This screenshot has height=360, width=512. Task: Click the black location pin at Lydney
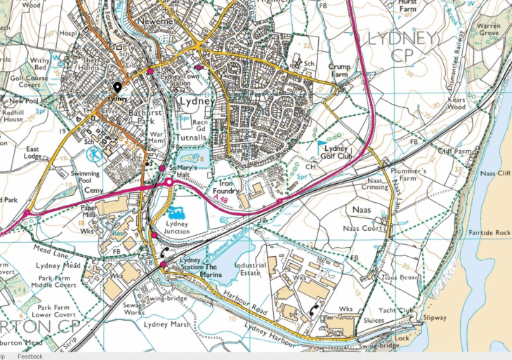pyautogui.click(x=117, y=87)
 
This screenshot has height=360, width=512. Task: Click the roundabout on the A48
pyautogui.click(x=169, y=183)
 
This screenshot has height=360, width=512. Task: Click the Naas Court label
pyautogui.click(x=363, y=228)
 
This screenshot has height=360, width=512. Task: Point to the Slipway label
pyautogui.click(x=434, y=318)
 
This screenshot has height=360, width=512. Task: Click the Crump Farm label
pyautogui.click(x=339, y=69)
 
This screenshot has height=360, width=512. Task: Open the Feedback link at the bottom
pyautogui.click(x=30, y=356)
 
